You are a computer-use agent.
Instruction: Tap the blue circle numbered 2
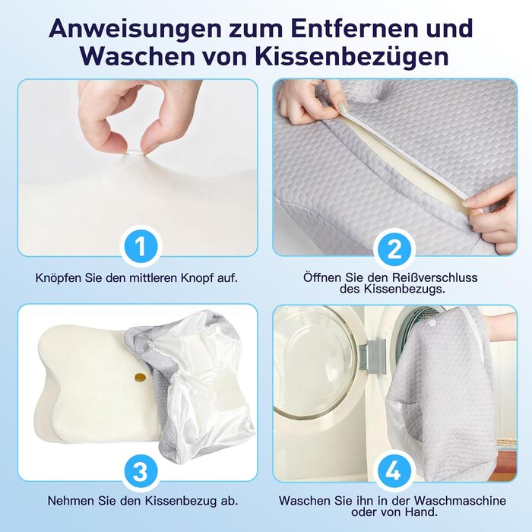394,250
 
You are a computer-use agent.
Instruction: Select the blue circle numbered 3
140,472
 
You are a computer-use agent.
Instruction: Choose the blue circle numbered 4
394,470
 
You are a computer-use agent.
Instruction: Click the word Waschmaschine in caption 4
460,500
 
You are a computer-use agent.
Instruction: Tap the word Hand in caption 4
421,511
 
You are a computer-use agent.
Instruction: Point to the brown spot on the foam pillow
140,376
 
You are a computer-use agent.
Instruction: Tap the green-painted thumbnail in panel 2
342,108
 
